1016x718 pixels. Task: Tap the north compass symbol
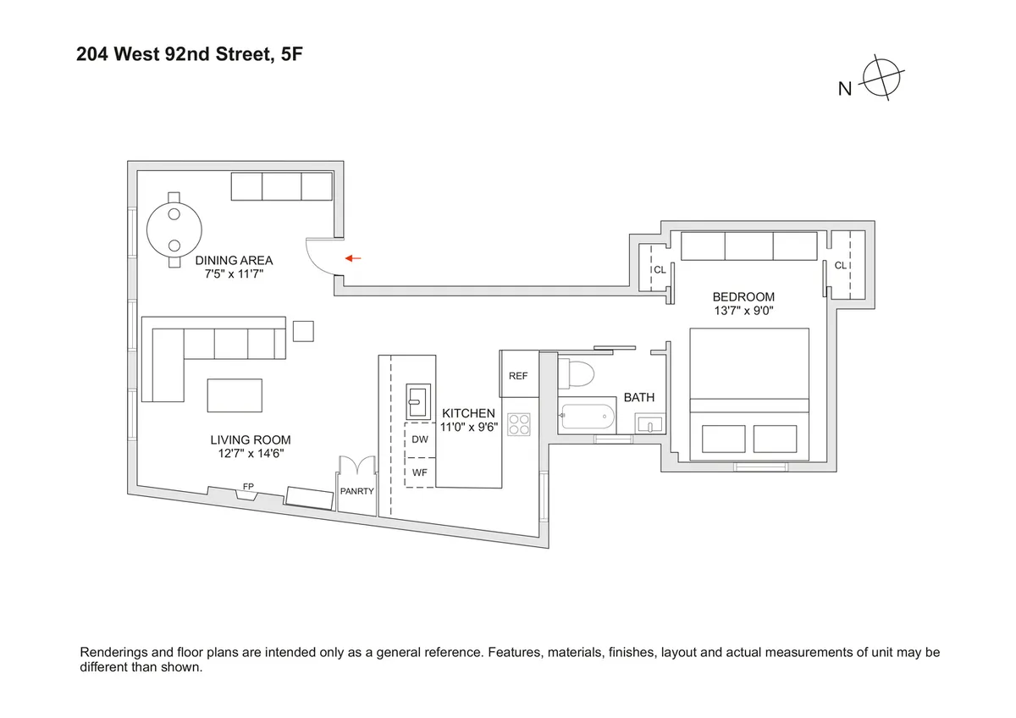tap(882, 80)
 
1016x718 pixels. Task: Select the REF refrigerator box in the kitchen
tap(518, 375)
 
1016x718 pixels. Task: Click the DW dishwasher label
tap(420, 439)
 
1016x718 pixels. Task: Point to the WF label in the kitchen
tap(420, 472)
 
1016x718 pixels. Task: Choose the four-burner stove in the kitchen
tap(518, 423)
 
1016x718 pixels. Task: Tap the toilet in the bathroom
tap(579, 373)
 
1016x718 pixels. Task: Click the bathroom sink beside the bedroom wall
tap(651, 423)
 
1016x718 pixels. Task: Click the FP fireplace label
tap(248, 487)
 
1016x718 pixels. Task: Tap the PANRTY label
tap(356, 491)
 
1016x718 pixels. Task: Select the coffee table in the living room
tap(235, 395)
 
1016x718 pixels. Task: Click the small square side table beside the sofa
tap(303, 330)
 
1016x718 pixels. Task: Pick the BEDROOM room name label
tap(743, 296)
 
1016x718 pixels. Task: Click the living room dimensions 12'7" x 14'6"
tap(251, 453)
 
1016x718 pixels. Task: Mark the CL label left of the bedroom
tap(659, 270)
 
